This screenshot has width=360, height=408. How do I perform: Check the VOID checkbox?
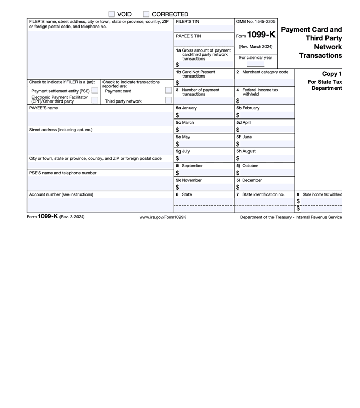point(112,14)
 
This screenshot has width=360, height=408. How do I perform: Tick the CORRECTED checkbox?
point(146,14)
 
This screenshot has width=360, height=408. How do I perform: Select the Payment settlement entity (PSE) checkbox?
point(95,91)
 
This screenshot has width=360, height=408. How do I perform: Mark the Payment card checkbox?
point(168,91)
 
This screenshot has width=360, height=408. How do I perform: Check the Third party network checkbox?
point(168,100)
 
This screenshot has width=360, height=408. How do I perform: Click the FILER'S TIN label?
point(187,22)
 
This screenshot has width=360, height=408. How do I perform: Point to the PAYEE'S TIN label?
point(188,36)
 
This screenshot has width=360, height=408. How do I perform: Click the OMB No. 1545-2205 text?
point(255,22)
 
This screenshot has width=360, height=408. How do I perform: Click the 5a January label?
point(186,108)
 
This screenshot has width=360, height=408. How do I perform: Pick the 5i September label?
point(189,165)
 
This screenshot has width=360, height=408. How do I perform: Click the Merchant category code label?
point(265,72)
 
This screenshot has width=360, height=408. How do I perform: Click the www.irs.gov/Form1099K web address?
point(163,217)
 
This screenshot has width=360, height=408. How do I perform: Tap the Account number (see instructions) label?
point(61,194)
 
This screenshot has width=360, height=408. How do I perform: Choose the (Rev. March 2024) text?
point(255,47)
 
